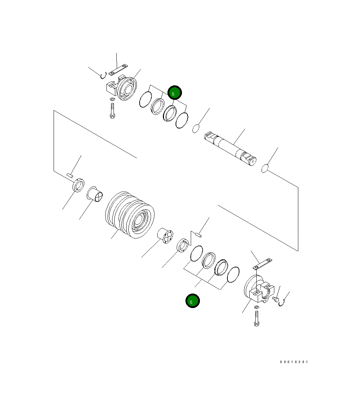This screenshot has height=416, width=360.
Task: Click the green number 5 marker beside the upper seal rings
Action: click(x=174, y=93)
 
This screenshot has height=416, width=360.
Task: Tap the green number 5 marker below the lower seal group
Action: click(x=193, y=301)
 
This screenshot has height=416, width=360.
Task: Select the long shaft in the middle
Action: click(x=230, y=149)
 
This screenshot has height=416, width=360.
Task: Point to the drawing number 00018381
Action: click(x=294, y=362)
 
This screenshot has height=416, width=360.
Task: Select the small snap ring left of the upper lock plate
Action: click(x=103, y=75)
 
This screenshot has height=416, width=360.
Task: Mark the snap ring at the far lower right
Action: click(x=281, y=302)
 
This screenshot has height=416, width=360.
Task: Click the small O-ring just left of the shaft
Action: click(x=196, y=128)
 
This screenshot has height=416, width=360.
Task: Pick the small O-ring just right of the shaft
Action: click(x=265, y=169)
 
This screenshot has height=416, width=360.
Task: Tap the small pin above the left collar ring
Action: click(x=69, y=174)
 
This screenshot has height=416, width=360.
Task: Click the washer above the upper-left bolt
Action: click(x=112, y=100)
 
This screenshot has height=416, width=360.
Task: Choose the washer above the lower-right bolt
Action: click(x=256, y=308)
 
